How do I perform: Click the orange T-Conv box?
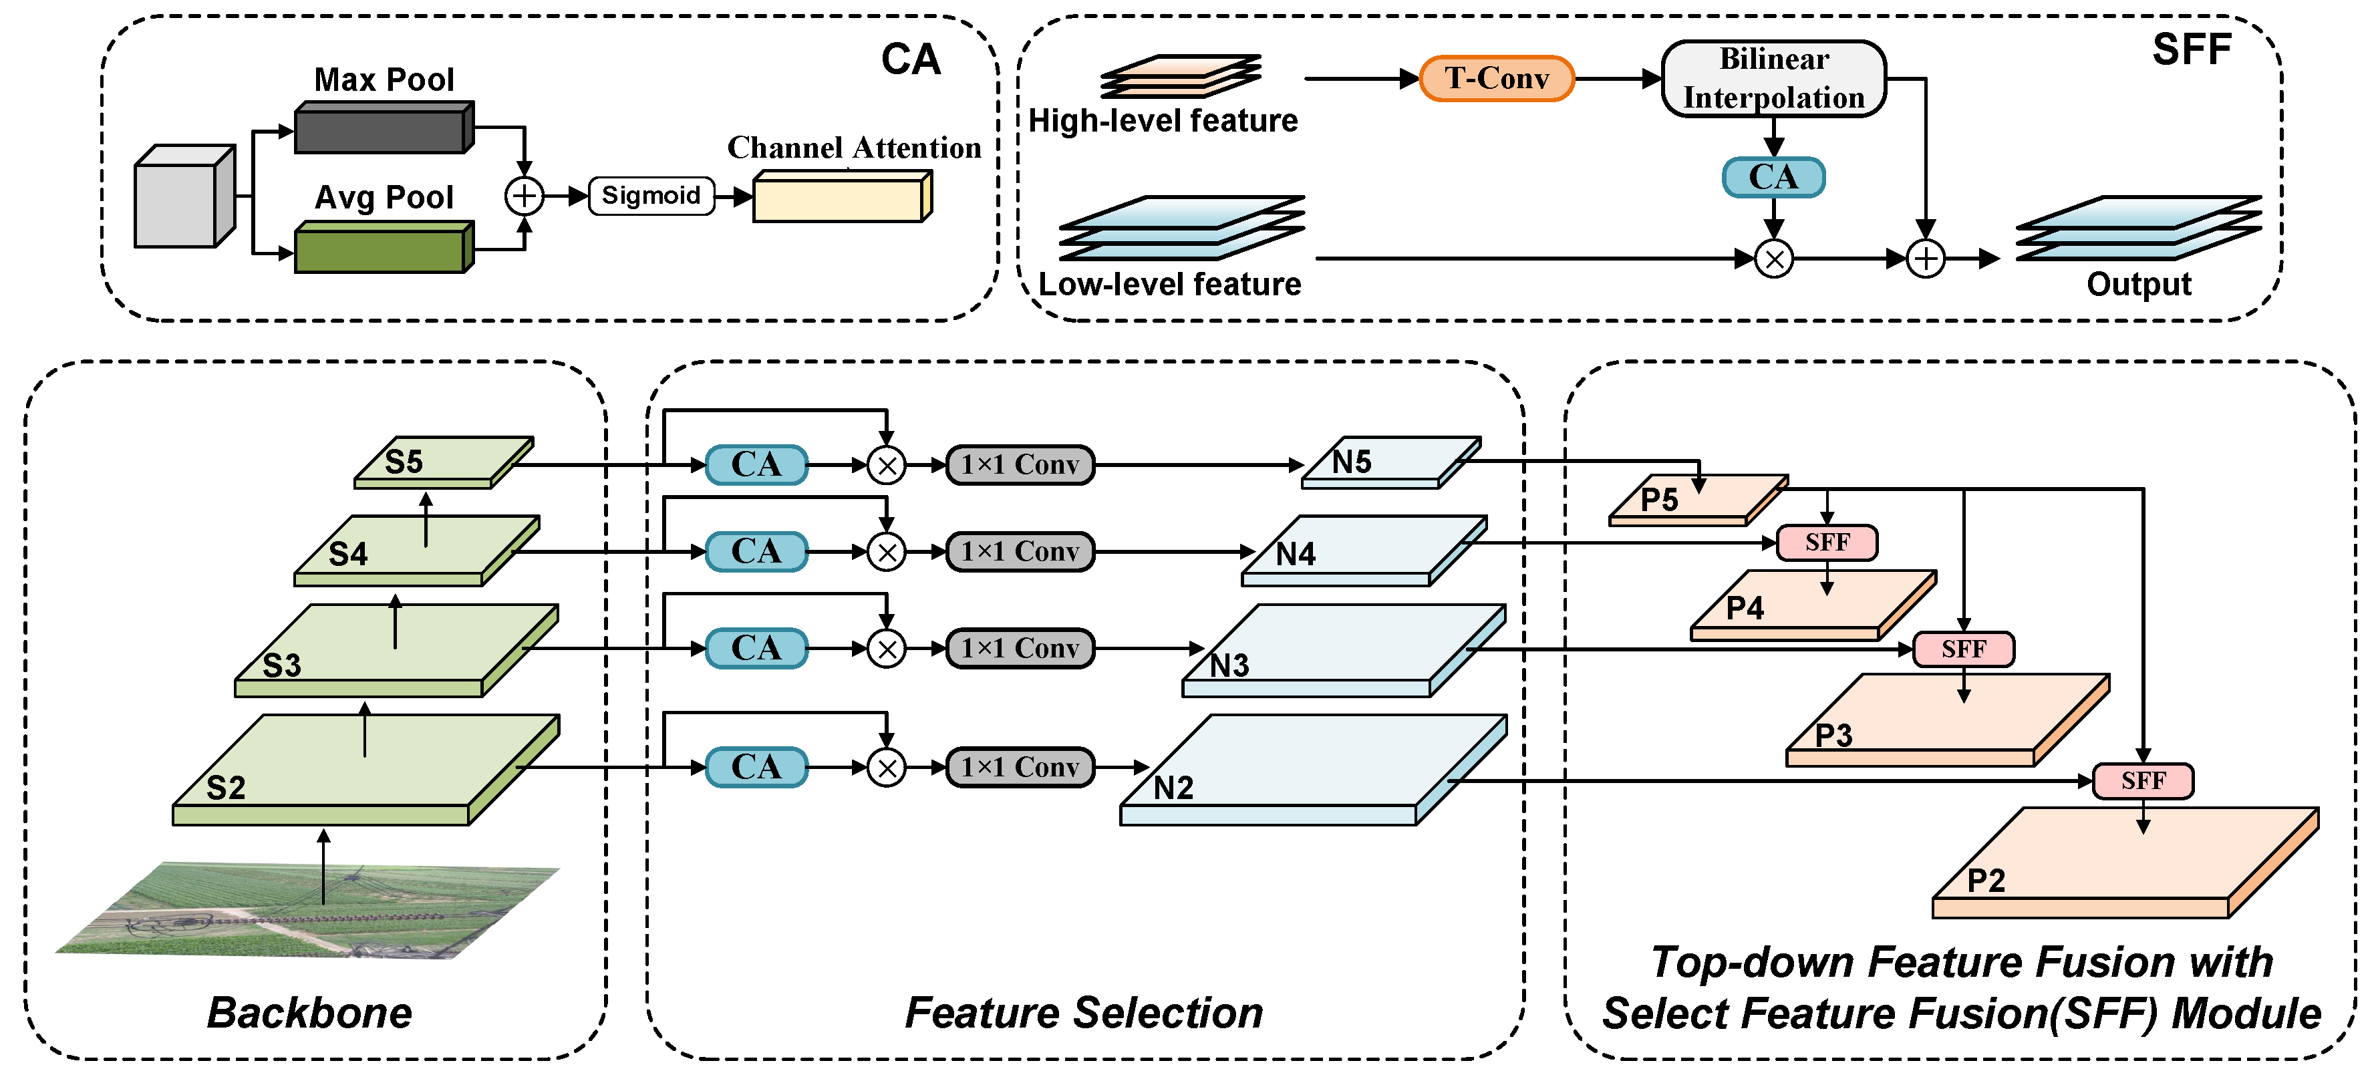coord(1496,78)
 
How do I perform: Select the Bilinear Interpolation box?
coord(1773,78)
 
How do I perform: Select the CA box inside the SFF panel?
coord(1773,177)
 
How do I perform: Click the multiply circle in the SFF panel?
coord(1773,259)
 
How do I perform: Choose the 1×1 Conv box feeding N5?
coord(1020,464)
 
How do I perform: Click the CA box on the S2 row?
coord(756,767)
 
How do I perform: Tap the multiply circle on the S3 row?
coord(887,649)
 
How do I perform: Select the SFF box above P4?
coord(1827,543)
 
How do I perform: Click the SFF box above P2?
coord(2143,781)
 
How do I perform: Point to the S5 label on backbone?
coord(404,461)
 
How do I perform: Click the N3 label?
coord(1229,665)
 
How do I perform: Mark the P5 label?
coord(1659,500)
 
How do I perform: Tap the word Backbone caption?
coord(309,1013)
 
